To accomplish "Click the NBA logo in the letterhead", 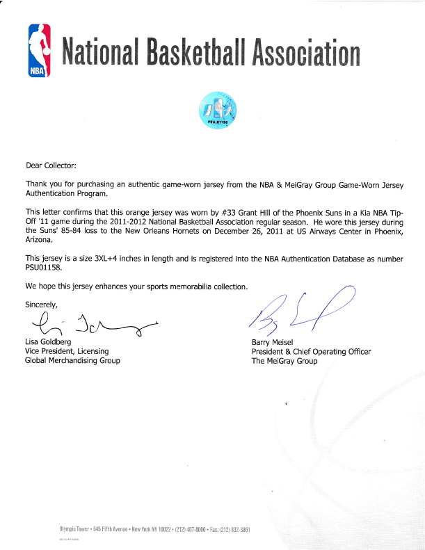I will pos(40,51).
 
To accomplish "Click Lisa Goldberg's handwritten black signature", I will pos(90,324).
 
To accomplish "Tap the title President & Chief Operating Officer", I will pos(311,352).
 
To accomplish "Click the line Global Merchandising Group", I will pos(72,360).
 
